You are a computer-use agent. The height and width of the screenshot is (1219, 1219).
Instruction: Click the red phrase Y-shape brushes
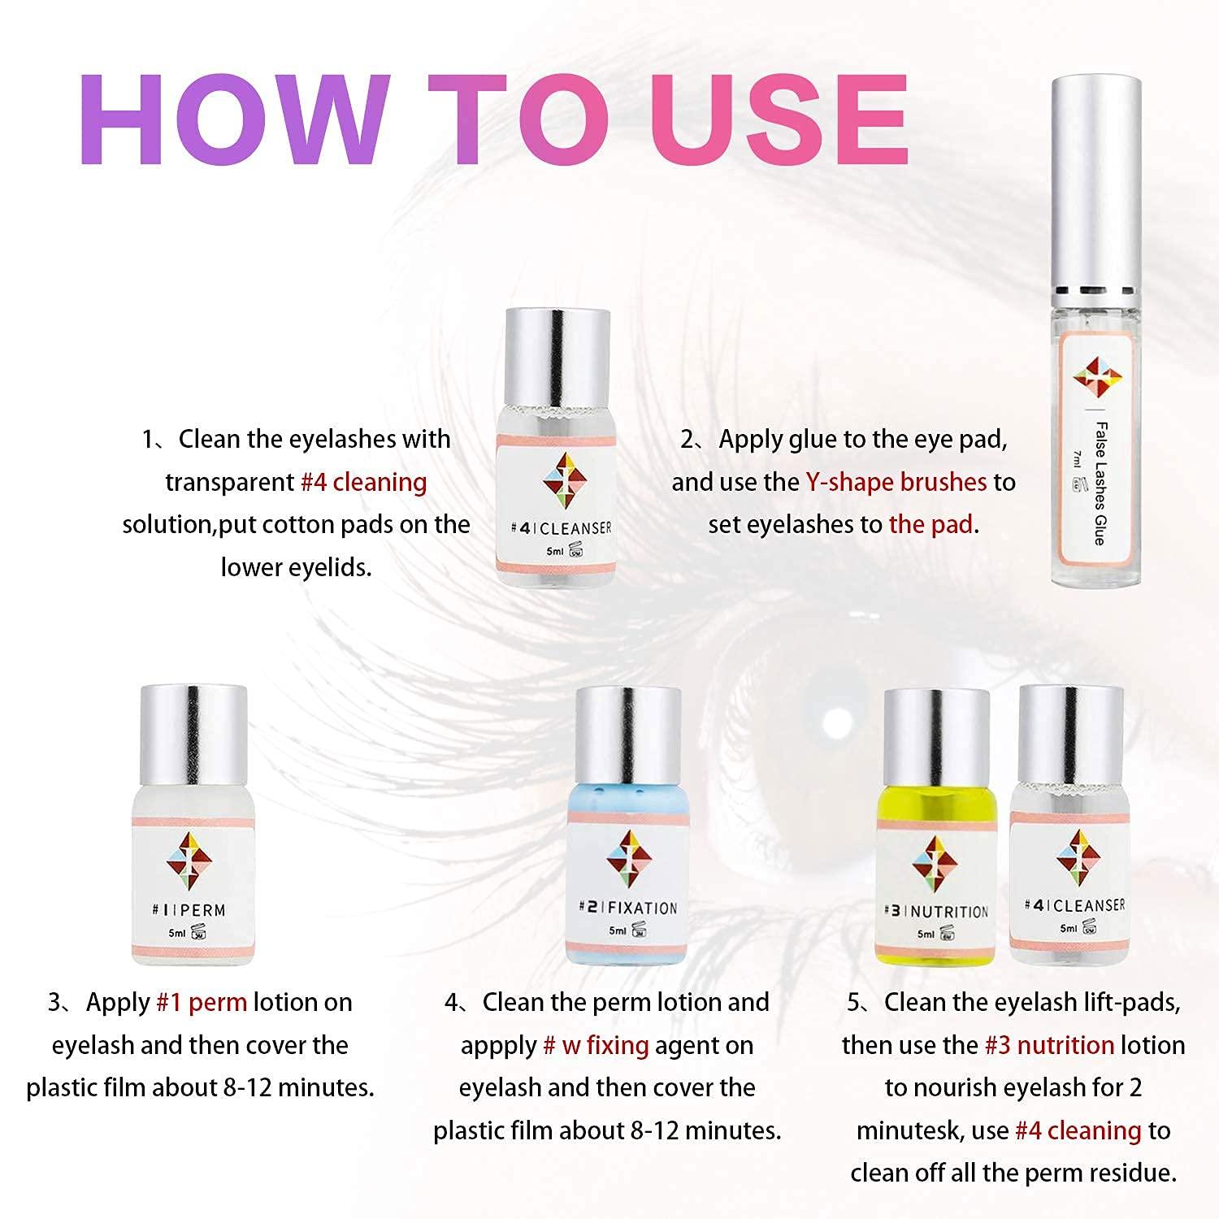coord(896,482)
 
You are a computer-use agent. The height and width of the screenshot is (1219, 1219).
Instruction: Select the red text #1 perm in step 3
coord(201,1002)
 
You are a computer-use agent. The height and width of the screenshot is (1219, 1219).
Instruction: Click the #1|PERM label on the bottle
coord(189,910)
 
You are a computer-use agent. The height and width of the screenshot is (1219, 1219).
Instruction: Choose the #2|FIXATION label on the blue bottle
coord(628,908)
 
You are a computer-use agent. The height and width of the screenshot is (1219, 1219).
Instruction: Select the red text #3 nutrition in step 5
coord(1049,1045)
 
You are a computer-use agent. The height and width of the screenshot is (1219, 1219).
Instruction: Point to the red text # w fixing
coord(596,1045)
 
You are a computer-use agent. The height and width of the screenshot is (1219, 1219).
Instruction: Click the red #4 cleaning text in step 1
coord(363,482)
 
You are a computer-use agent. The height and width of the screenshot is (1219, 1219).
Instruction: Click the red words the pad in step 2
coord(931,524)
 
